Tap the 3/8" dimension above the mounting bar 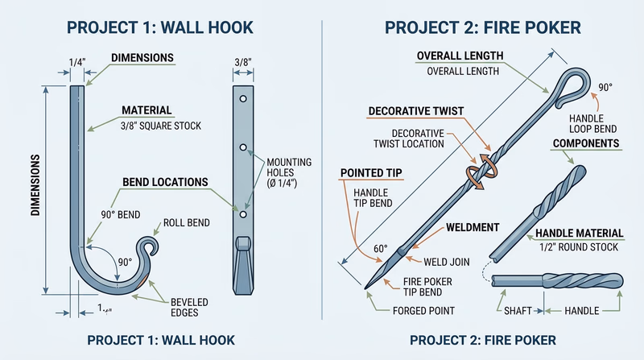coord(242,62)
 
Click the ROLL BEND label coord(187,223)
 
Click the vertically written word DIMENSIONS coord(35,187)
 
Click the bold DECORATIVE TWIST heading coord(415,110)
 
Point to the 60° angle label coord(380,249)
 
